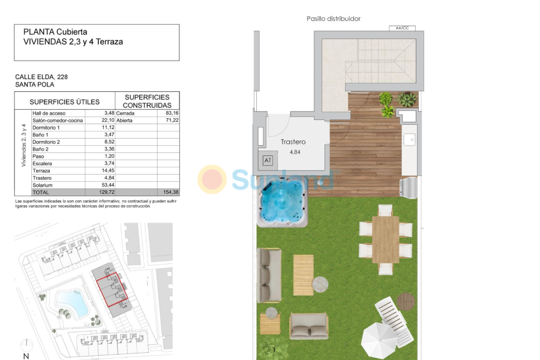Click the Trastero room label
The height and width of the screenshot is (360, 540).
[x=293, y=142]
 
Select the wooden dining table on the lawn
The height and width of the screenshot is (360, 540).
[x=385, y=239]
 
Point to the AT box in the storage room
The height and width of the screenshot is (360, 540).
[x=268, y=160]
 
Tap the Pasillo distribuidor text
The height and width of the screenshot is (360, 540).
[x=334, y=19]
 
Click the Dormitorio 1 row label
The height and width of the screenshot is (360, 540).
[x=46, y=127]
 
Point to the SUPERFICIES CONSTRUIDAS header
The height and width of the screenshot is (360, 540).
[x=146, y=101]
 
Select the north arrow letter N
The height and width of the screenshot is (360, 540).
[x=26, y=356]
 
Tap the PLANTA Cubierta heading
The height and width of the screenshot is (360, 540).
[x=55, y=32]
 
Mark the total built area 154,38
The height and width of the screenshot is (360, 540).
[x=171, y=192]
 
